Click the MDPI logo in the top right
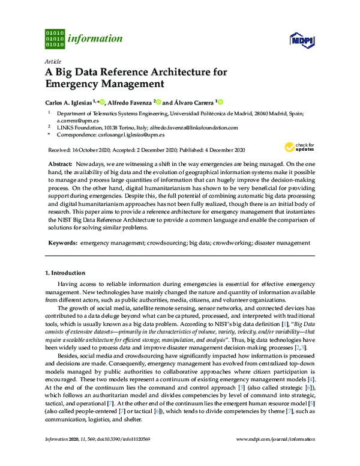point(300,40)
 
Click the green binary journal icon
point(55,38)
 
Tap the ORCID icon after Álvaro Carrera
point(220,102)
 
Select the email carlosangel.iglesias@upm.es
point(134,136)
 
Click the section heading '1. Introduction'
point(68,273)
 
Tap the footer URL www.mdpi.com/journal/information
point(278,456)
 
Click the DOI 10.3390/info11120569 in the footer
point(130,456)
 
